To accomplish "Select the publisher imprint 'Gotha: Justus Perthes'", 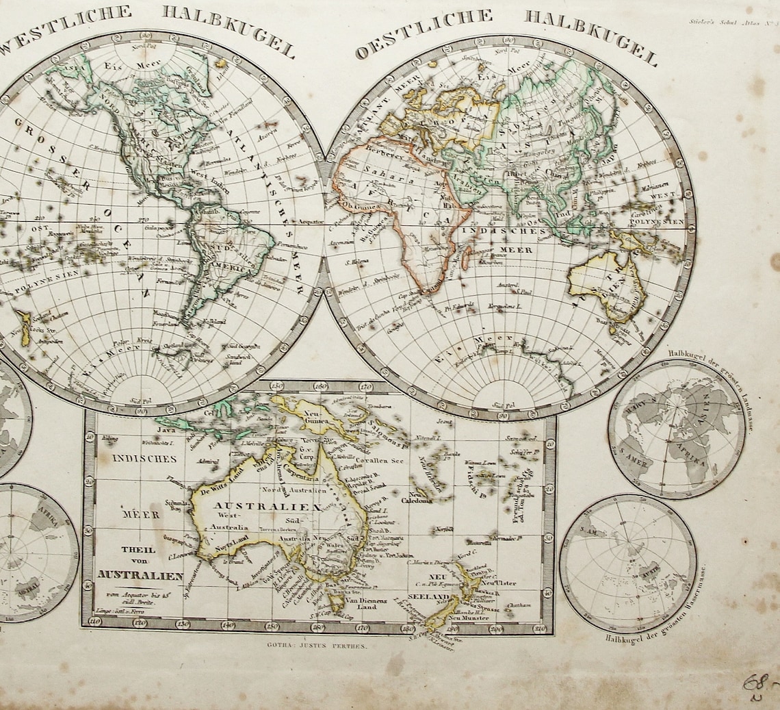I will pos(319,646).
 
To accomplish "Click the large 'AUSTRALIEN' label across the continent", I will pos(271,506).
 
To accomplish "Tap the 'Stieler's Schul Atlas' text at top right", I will pos(729,21).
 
